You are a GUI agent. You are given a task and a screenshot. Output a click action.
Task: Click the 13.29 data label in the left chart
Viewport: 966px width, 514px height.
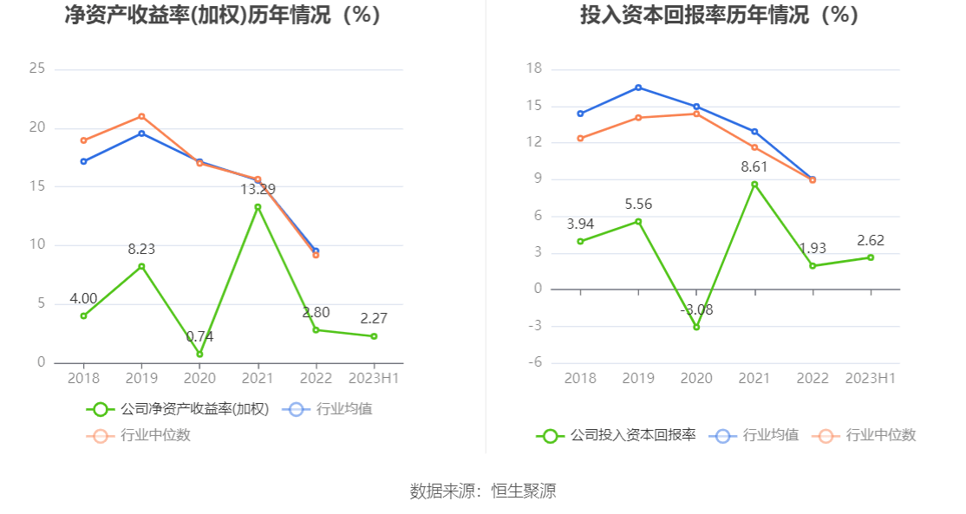[258, 189]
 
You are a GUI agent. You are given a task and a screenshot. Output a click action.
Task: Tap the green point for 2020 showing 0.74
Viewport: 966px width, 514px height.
[199, 354]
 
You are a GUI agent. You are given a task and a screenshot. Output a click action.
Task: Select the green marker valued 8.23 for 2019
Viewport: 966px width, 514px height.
[141, 266]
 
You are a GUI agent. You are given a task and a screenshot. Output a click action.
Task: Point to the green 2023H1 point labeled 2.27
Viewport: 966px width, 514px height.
[374, 336]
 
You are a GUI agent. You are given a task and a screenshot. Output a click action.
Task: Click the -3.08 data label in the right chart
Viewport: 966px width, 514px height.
[696, 309]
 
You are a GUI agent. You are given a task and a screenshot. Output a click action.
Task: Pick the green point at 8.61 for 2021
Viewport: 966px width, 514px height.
[754, 184]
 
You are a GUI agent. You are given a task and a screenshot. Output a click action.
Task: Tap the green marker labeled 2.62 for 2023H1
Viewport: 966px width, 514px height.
[871, 257]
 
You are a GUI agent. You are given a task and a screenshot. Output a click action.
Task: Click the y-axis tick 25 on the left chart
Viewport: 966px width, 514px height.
[36, 68]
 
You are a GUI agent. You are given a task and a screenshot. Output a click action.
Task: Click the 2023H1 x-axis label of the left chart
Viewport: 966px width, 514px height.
[374, 378]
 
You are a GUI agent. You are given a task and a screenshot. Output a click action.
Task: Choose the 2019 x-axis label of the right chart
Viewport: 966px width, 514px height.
[638, 378]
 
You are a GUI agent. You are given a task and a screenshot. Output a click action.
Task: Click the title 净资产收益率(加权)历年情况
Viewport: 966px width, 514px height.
[223, 15]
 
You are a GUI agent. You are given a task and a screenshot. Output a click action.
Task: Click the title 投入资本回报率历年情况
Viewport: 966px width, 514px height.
[719, 15]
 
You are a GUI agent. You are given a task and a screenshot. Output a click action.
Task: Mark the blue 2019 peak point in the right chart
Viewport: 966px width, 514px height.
[638, 88]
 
